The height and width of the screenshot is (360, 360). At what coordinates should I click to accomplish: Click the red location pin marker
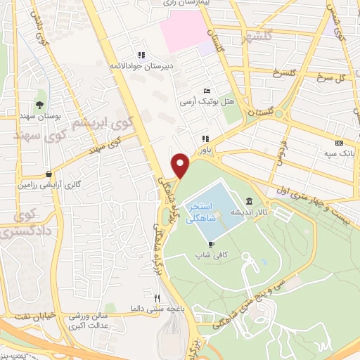coord(181,165)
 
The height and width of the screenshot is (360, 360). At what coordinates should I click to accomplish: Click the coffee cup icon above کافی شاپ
coord(211,244)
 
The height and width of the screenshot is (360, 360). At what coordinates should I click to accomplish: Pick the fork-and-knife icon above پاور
coord(205,139)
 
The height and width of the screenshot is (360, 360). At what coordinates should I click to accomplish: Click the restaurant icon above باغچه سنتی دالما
coord(146,297)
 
